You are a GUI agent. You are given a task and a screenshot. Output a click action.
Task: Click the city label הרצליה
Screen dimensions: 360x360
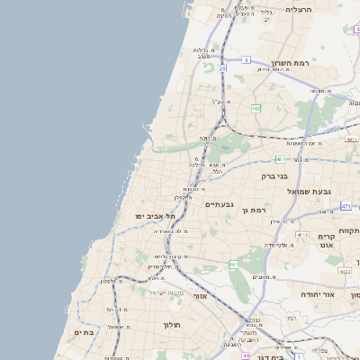click(298, 9)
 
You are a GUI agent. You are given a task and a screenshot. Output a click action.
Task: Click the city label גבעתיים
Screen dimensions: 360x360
click(220, 204)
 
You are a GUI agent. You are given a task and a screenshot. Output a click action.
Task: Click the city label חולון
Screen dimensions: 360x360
click(173, 324)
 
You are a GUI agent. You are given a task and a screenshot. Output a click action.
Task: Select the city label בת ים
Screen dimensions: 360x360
click(83, 333)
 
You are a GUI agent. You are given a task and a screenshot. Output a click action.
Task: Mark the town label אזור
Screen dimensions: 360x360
click(200, 295)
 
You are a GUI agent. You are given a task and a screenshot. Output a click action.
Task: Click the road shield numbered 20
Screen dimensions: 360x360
click(222, 67)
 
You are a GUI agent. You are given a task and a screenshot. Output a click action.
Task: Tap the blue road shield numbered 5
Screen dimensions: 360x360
click(245, 60)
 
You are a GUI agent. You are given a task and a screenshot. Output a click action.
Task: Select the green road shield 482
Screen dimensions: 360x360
click(256, 109)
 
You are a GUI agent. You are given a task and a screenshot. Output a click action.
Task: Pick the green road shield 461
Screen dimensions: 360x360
click(234, 265)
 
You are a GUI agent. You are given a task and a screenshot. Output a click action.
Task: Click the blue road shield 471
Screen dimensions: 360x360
click(346, 206)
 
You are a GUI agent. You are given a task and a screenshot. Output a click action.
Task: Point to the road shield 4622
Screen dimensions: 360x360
click(345, 270)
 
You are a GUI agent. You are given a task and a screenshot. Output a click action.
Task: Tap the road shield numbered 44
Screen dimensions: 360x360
click(246, 355)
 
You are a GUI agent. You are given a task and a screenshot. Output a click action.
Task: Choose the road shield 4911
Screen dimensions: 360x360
click(352, 139)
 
